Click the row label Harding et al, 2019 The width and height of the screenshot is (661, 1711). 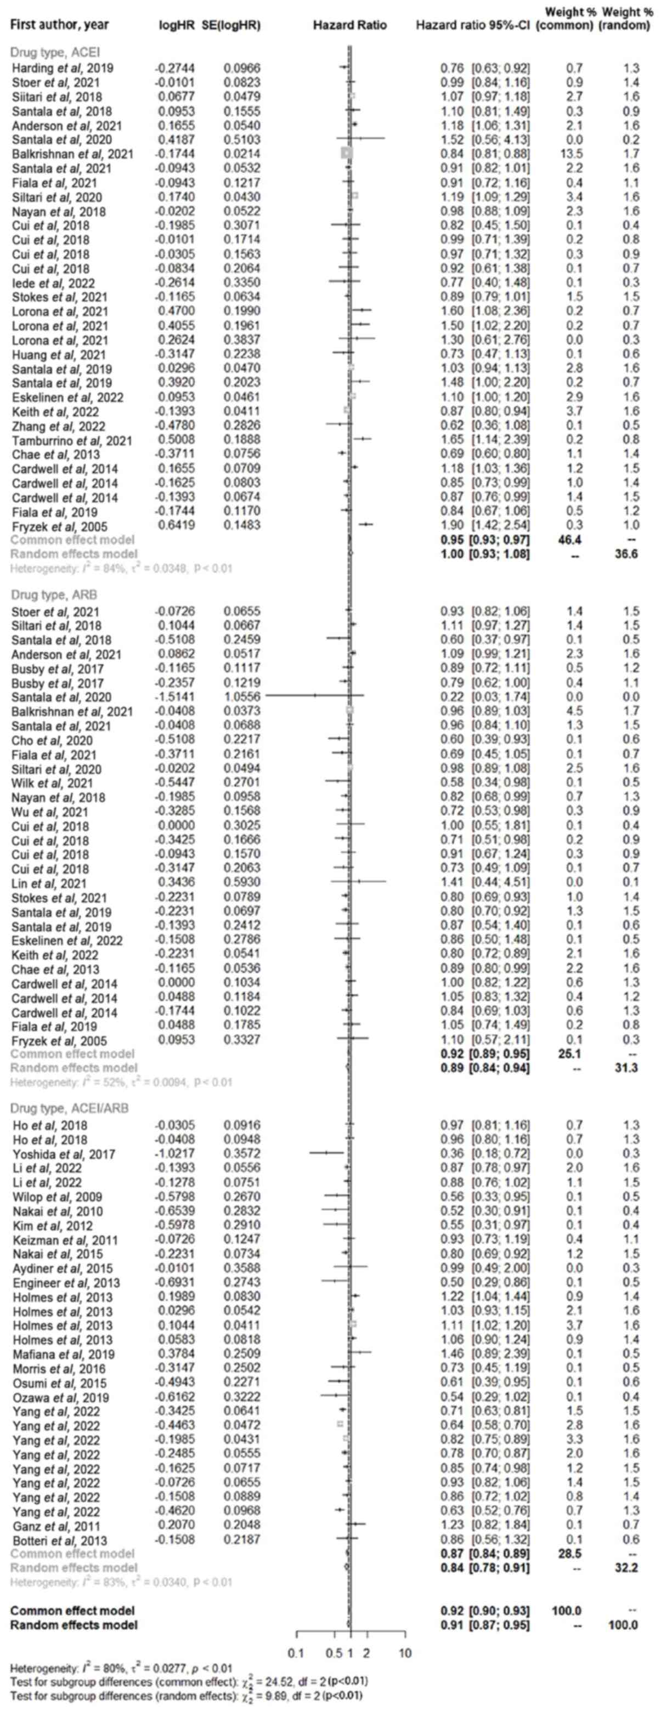pyautogui.click(x=63, y=68)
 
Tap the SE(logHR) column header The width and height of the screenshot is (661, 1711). pyautogui.click(x=231, y=26)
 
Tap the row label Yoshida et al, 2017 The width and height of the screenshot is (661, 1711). pyautogui.click(x=63, y=1154)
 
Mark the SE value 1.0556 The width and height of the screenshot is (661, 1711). pyautogui.click(x=242, y=697)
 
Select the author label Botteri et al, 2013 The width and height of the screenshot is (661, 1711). pyautogui.click(x=60, y=1540)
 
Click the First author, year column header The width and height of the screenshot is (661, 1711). pyautogui.click(x=60, y=26)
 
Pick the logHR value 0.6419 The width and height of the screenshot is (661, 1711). pyautogui.click(x=176, y=525)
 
